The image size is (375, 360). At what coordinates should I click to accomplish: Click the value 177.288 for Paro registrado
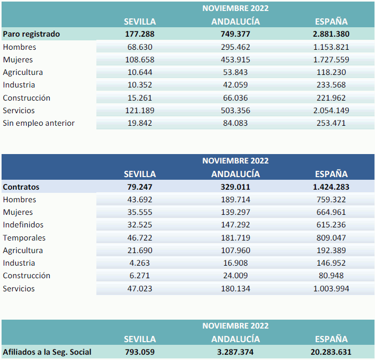[x=140, y=34]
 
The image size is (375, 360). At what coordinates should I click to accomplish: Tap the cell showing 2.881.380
[x=331, y=34]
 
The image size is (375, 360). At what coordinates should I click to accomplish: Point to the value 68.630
[x=140, y=47]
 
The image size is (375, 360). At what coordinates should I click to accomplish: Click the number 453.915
[x=235, y=60]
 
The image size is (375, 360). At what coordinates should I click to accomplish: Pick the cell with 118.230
[x=331, y=72]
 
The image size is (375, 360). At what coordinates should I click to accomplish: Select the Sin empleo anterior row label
[x=39, y=123]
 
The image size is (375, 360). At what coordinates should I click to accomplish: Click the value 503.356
[x=235, y=111]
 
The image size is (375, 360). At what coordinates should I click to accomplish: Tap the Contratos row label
[x=21, y=187]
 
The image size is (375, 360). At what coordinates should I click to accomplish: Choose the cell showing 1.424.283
[x=331, y=187]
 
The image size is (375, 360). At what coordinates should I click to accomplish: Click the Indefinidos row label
[x=23, y=225]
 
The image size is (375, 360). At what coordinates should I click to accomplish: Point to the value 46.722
[x=140, y=238]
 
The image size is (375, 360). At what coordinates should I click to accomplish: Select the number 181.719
[x=235, y=238]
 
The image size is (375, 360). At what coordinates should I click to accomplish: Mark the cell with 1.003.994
[x=331, y=289]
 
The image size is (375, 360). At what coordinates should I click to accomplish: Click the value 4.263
[x=140, y=263]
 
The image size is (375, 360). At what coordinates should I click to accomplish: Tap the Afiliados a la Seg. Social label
[x=47, y=352]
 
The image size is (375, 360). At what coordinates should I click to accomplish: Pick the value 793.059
[x=140, y=352]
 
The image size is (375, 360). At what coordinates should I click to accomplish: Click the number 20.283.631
[x=331, y=352]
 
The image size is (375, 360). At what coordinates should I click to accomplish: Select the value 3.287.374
[x=235, y=352]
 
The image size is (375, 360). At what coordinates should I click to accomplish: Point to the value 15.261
[x=140, y=98]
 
